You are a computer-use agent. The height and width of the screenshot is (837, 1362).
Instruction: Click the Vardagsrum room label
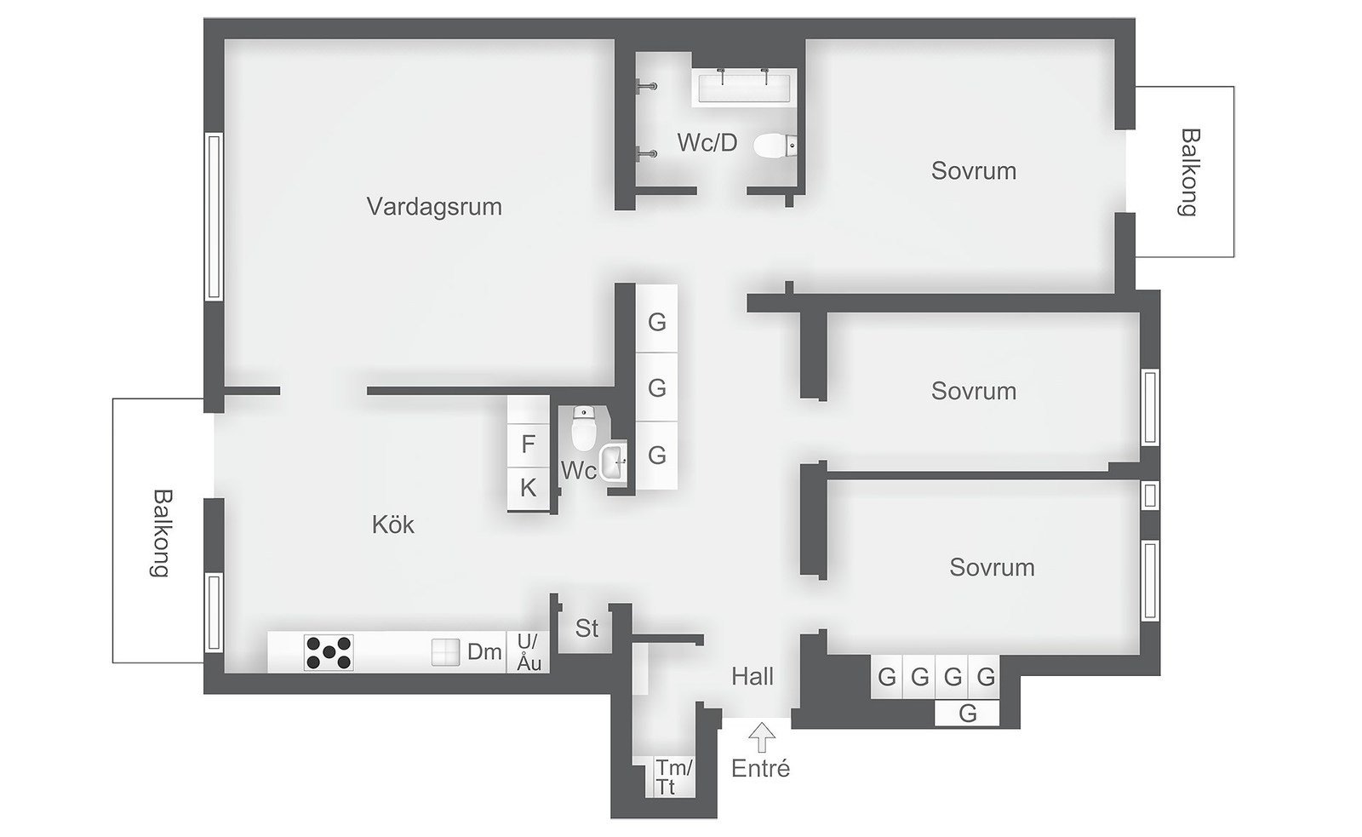pos(434,207)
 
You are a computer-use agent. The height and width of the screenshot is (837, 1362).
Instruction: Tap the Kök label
pos(393,525)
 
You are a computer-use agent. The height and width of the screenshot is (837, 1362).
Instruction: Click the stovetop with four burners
pos(329,653)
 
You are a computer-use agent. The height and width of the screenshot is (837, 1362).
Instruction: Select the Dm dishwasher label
pos(484,653)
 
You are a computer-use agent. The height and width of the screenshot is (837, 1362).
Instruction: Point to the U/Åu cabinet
pos(529,653)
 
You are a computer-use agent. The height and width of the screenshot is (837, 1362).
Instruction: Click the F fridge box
pos(529,444)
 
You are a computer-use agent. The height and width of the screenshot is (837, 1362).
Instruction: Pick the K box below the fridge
pos(529,489)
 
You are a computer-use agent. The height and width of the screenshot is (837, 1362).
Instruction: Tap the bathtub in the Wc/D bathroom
pos(745,88)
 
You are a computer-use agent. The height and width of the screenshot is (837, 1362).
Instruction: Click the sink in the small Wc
pos(613,463)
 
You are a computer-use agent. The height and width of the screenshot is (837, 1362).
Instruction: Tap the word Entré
pos(761,769)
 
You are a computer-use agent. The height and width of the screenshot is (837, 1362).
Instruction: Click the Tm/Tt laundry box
pos(673,777)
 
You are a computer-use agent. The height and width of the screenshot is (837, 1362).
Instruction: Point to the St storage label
pos(587,628)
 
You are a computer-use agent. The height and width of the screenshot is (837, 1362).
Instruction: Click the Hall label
pos(753,677)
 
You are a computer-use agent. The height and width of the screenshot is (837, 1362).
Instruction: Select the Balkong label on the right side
pos(1188,172)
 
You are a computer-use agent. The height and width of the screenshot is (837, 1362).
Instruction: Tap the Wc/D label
pos(707,143)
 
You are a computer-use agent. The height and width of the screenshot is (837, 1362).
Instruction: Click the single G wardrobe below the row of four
pos(967,714)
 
